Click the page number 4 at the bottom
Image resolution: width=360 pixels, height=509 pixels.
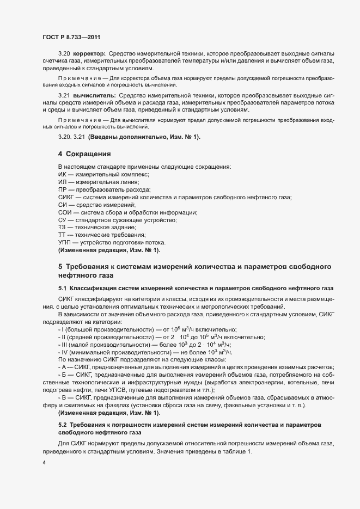43,463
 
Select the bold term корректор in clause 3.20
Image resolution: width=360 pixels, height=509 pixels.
90,53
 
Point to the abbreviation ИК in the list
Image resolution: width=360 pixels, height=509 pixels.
62,174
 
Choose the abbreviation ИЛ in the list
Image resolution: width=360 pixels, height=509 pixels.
63,181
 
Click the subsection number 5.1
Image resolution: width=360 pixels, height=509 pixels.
63,287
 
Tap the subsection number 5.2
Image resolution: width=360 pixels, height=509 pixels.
63,424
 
